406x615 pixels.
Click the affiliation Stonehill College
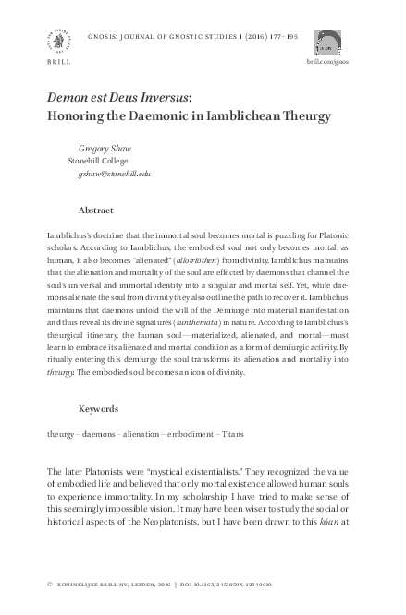[x=102, y=160]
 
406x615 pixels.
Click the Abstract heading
[x=97, y=211]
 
